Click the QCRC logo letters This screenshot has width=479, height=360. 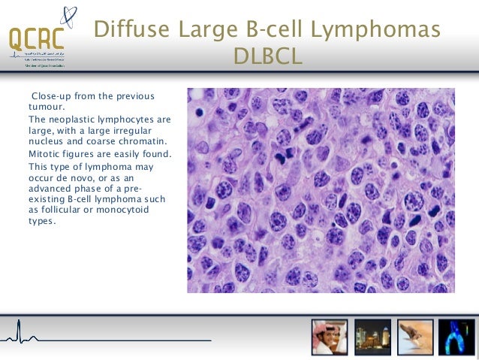[x=36, y=38]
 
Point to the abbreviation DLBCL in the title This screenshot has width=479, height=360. [x=268, y=56]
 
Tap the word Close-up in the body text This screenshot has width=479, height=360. [x=51, y=95]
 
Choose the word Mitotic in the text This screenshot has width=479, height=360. [x=45, y=154]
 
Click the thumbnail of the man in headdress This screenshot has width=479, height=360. [x=330, y=337]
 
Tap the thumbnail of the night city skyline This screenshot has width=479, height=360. [x=372, y=337]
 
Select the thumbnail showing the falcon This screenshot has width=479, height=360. [x=414, y=337]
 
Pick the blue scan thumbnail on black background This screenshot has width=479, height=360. [x=456, y=337]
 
